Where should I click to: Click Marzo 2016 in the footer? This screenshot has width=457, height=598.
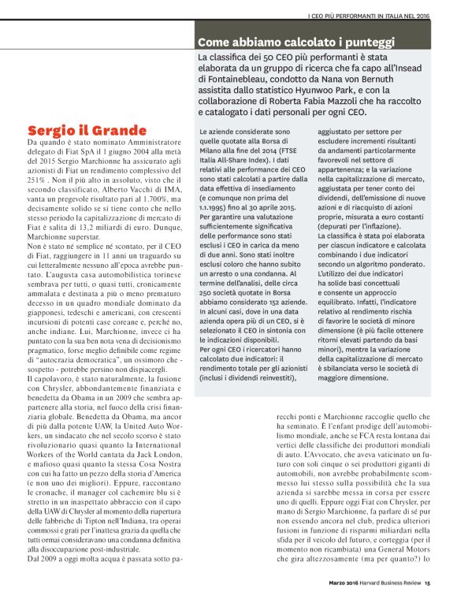tap(341, 583)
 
